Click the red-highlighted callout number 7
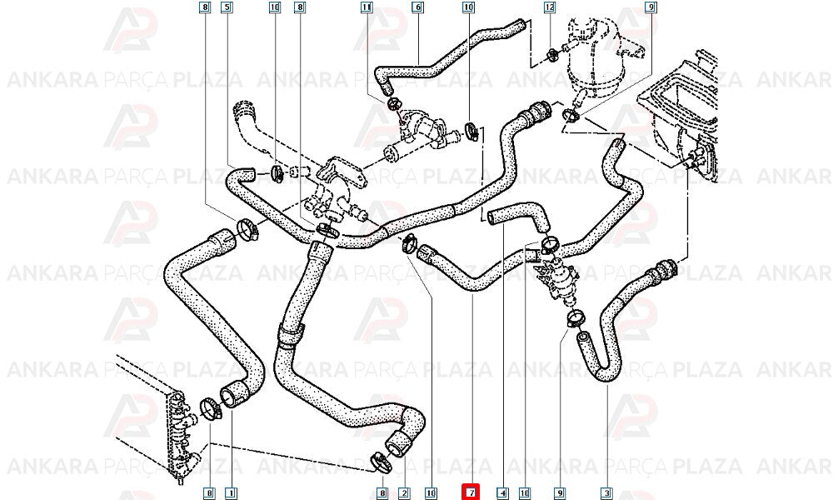pyautogui.click(x=471, y=492)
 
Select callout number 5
pyautogui.click(x=227, y=7)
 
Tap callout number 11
pyautogui.click(x=367, y=7)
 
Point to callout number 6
pyautogui.click(x=417, y=7)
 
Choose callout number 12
pyautogui.click(x=549, y=7)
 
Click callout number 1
pyautogui.click(x=231, y=493)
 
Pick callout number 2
pyautogui.click(x=405, y=493)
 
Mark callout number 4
pyautogui.click(x=503, y=493)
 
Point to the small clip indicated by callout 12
pyautogui.click(x=552, y=53)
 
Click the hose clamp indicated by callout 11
pyautogui.click(x=393, y=102)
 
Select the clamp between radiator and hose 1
pyautogui.click(x=211, y=409)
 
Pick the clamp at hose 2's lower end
pyautogui.click(x=381, y=462)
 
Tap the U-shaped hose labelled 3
pyautogui.click(x=616, y=313)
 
